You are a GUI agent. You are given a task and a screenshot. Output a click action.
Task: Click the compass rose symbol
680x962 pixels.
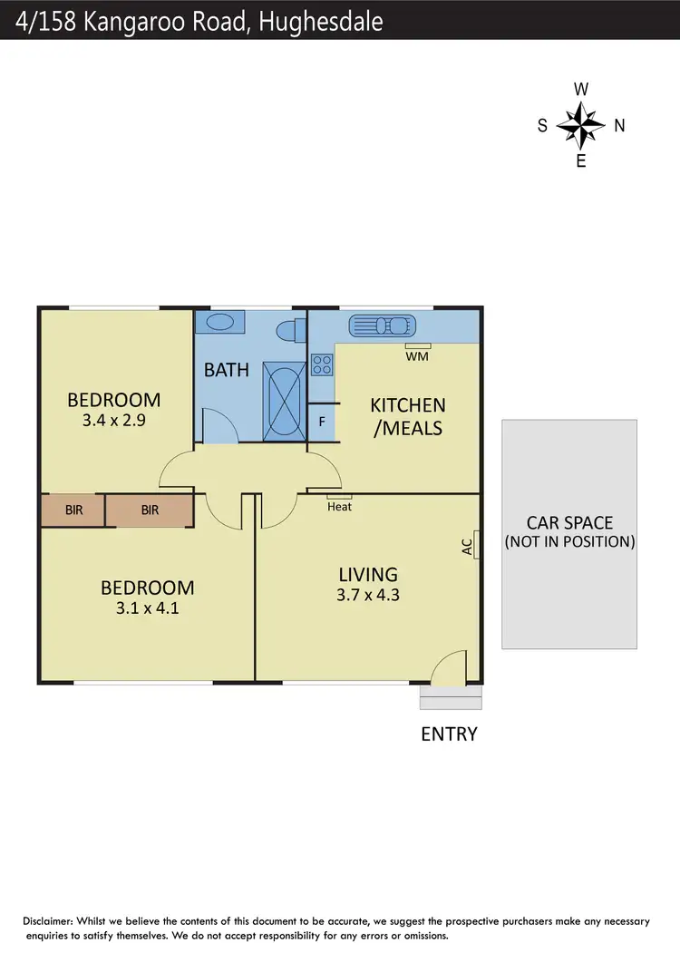point(581,125)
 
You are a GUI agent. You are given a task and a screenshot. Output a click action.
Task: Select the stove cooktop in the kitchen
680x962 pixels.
point(322,364)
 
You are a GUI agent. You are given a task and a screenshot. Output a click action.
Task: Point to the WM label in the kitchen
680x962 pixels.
point(418,356)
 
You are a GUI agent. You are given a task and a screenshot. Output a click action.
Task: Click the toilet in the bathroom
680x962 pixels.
point(289,330)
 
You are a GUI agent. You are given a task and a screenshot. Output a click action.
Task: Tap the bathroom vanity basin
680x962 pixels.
point(220,323)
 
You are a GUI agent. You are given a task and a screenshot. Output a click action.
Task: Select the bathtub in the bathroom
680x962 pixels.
point(284,401)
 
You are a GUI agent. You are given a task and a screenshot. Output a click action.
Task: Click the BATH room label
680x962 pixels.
point(227,370)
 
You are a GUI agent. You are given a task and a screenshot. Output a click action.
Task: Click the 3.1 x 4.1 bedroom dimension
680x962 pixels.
point(147,608)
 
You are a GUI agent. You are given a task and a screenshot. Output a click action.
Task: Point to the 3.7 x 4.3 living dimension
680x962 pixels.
point(367,595)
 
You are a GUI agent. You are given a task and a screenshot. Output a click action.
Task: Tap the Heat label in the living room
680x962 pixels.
point(340,507)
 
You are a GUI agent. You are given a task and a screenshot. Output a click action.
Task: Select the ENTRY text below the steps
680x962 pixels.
point(449,734)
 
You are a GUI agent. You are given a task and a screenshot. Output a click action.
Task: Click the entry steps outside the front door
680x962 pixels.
point(452,696)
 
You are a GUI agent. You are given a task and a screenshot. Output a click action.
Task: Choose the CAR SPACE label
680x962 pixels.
point(569,523)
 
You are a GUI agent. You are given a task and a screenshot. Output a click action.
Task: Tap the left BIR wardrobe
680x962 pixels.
point(73,510)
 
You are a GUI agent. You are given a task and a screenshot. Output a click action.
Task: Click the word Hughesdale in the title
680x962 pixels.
point(321,22)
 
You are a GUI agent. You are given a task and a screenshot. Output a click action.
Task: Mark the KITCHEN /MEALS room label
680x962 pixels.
point(408,416)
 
